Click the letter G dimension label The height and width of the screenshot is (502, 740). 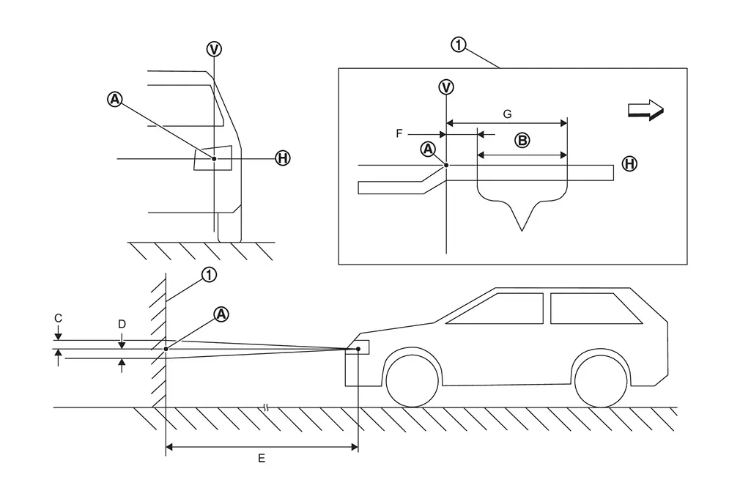507,114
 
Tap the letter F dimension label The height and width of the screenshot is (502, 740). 399,133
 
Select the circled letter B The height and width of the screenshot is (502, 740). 522,140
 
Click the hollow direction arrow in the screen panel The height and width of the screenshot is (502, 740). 645,110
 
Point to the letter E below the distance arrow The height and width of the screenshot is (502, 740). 262,458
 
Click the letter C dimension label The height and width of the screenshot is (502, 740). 58,318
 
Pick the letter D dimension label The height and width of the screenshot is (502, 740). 122,324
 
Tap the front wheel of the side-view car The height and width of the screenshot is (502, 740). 412,380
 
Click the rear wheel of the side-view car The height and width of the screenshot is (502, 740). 601,380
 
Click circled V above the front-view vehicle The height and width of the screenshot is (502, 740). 214,49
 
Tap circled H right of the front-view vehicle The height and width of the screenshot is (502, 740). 283,158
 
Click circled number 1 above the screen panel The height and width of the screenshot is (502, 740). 458,45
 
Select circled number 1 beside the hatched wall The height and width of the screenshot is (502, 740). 209,274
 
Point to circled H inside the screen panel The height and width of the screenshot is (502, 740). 629,164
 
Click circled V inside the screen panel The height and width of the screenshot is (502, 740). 446,87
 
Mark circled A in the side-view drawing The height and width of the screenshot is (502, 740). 221,314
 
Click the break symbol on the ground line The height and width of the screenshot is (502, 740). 266,407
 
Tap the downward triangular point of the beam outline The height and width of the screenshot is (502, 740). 522,231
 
